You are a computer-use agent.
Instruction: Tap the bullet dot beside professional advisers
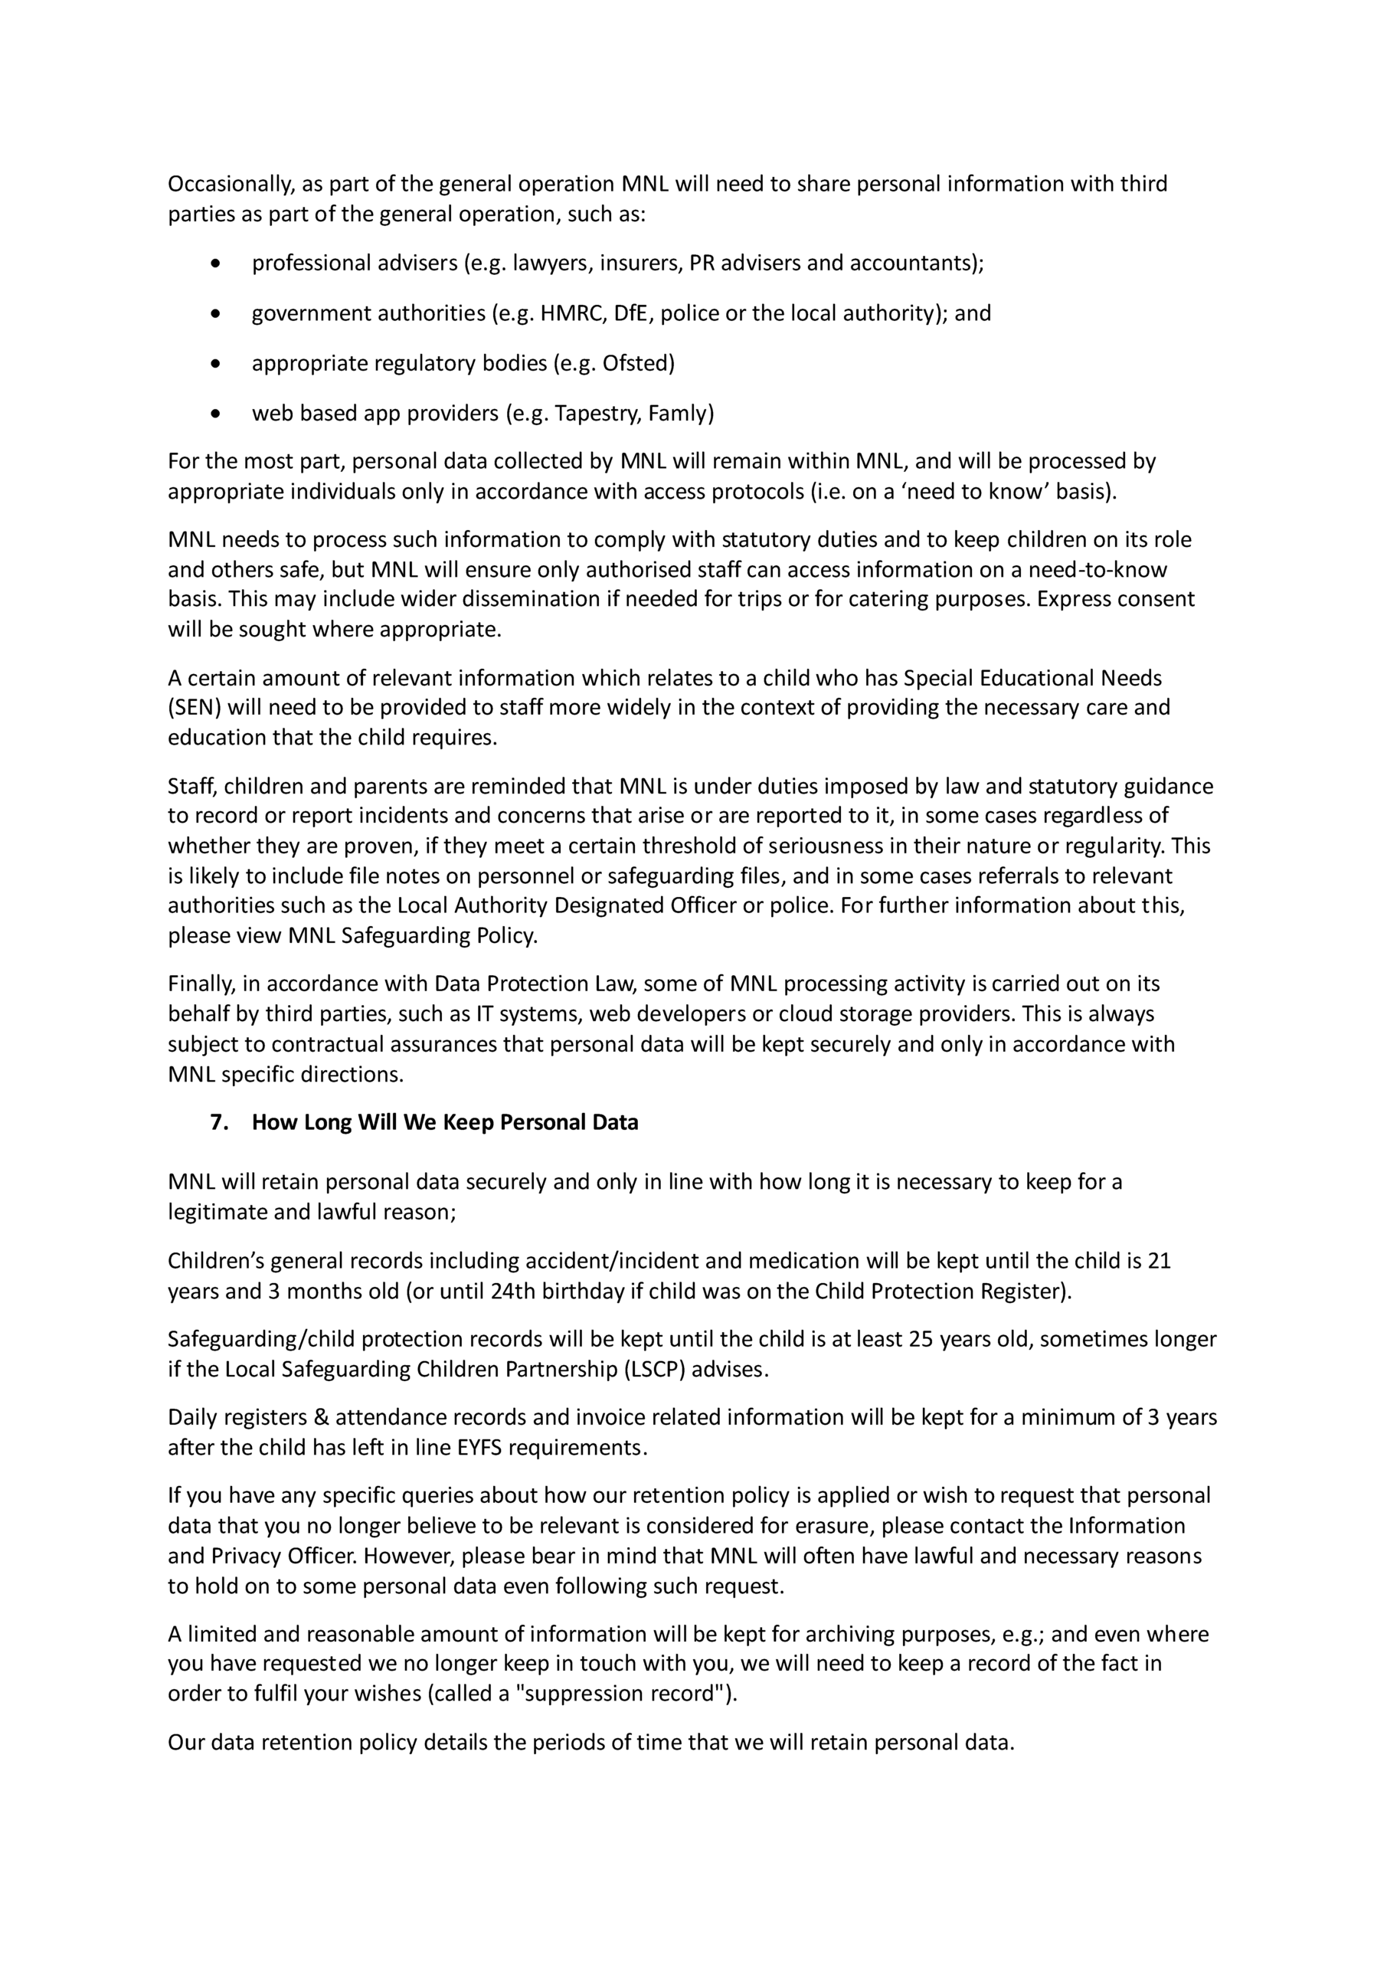click(215, 264)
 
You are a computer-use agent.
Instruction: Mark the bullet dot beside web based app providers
click(215, 414)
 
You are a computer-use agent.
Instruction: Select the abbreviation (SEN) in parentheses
click(195, 708)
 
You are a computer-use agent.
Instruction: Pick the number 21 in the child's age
click(1159, 1262)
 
